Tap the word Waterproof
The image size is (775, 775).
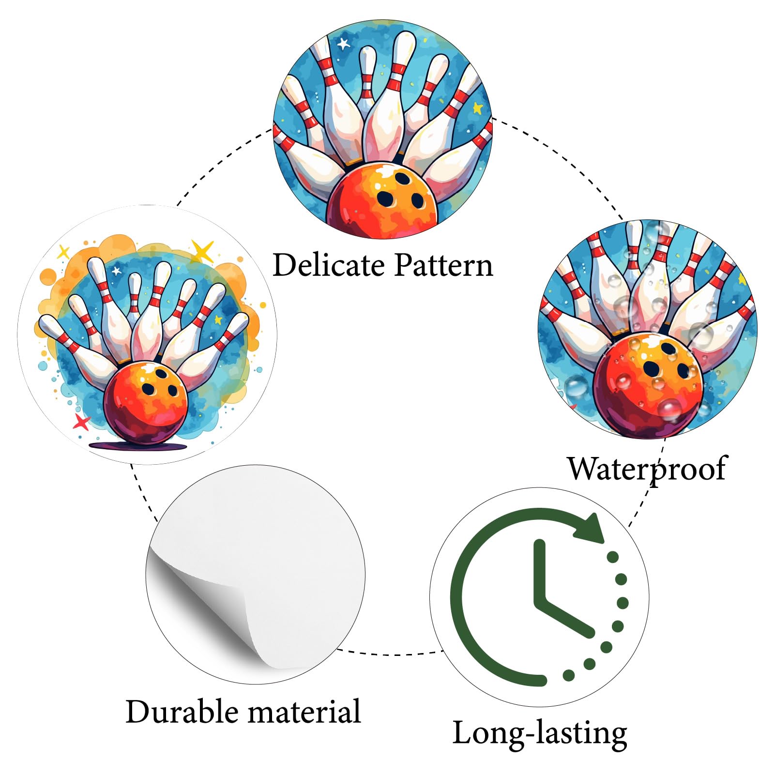pyautogui.click(x=647, y=470)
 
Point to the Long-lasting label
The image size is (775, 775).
pyautogui.click(x=540, y=733)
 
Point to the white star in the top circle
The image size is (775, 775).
pyautogui.click(x=343, y=44)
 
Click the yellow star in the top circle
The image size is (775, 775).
pyautogui.click(x=477, y=107)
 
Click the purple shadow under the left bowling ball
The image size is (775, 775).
pyautogui.click(x=138, y=445)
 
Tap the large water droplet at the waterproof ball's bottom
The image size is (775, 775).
pyautogui.click(x=670, y=410)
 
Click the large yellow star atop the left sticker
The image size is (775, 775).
pyautogui.click(x=202, y=251)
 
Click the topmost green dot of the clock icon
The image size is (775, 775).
pyautogui.click(x=612, y=557)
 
